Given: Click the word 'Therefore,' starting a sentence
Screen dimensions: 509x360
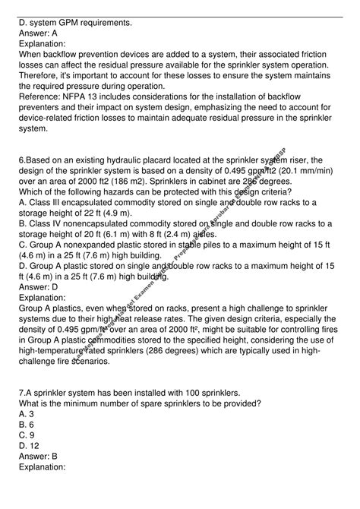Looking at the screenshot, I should click(43, 87).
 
